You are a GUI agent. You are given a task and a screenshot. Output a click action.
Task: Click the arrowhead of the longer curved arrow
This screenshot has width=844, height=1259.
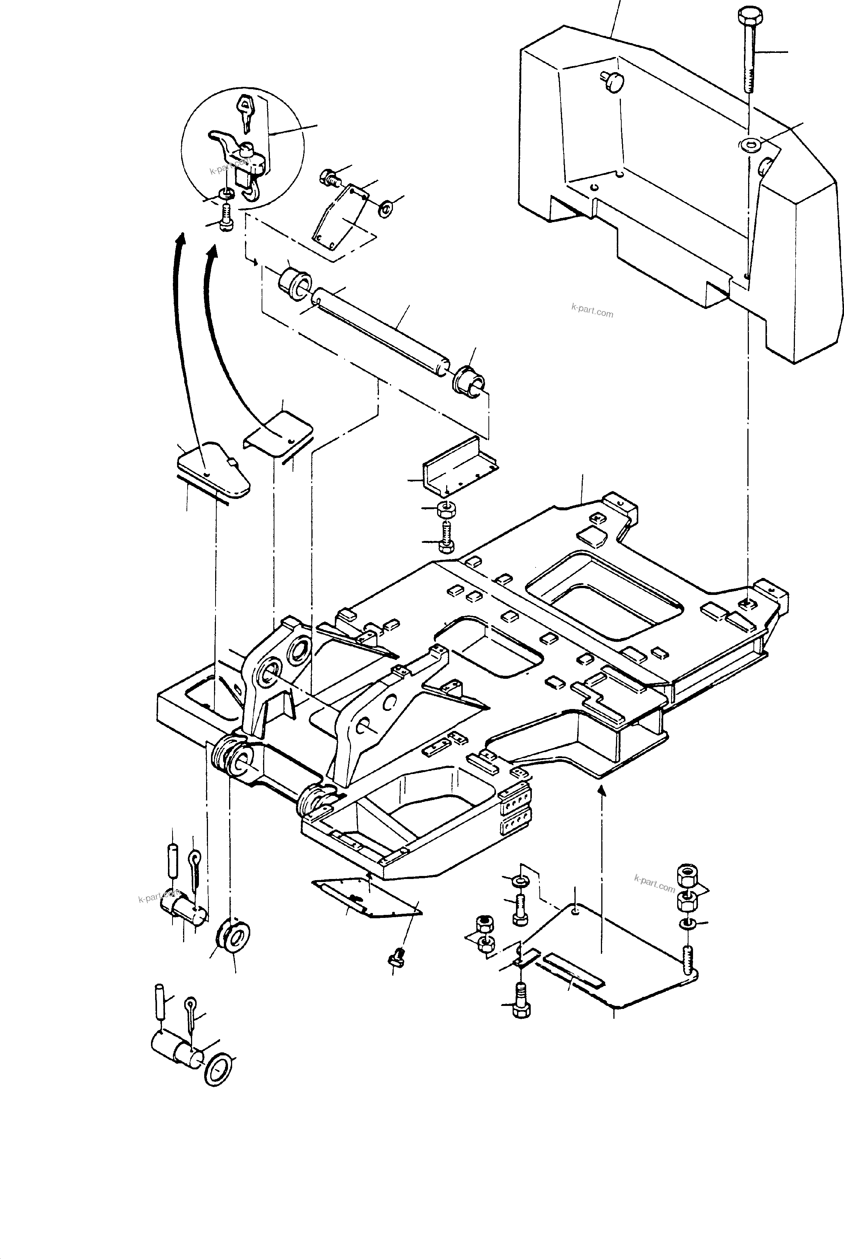[x=182, y=239]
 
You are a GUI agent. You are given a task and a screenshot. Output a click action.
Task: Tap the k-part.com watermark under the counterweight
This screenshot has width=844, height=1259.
[x=592, y=312]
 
